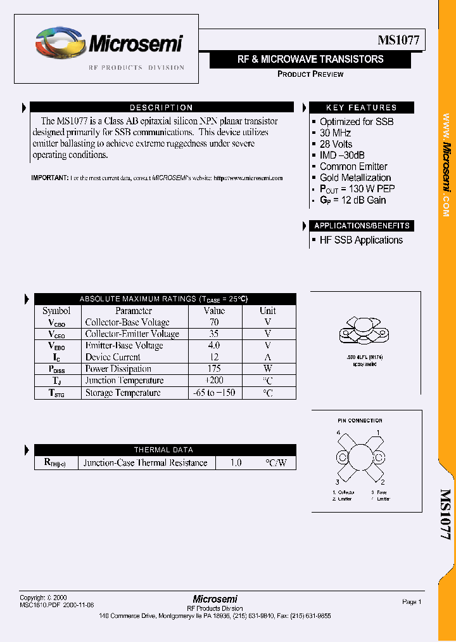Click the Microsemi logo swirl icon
[59, 44]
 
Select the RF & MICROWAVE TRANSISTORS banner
[310, 60]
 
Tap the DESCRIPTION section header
[161, 108]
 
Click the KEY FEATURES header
[361, 108]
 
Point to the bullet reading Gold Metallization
[355, 178]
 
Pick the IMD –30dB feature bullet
[341, 155]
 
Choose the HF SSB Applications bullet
[361, 240]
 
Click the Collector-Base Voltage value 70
[214, 322]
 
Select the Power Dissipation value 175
[214, 369]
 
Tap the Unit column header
[267, 311]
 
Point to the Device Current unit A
[267, 357]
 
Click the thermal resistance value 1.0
[235, 463]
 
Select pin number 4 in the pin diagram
[339, 433]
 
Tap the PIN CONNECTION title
[360, 421]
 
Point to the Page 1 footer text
[412, 601]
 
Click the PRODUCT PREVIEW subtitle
[310, 74]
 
